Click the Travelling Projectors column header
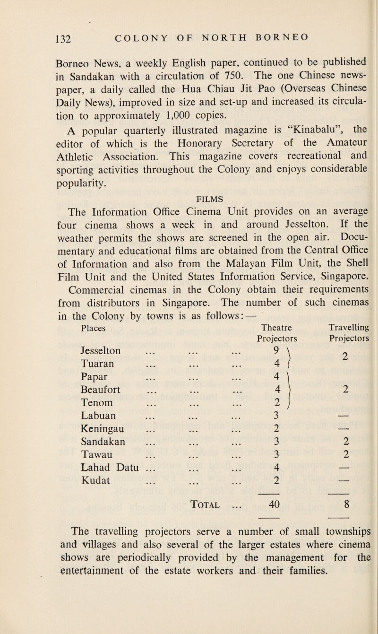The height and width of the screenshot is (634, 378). [346, 332]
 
